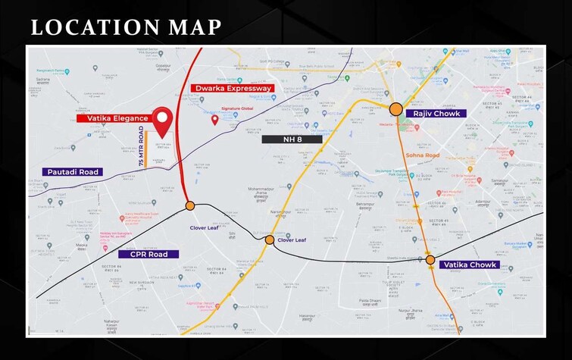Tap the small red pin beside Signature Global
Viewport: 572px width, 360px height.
tap(215, 119)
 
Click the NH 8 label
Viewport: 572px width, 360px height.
tap(292, 139)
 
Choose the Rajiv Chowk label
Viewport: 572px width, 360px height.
tap(432, 113)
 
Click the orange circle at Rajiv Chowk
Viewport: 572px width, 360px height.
tap(395, 108)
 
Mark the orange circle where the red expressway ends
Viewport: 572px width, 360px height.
tap(189, 205)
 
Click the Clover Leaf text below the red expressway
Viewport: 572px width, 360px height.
tap(203, 227)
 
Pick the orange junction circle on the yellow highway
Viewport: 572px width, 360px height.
tap(270, 239)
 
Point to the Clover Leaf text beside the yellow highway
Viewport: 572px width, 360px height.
tap(292, 240)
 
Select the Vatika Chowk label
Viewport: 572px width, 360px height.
tap(469, 265)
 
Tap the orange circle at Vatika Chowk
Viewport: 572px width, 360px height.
tap(430, 260)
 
